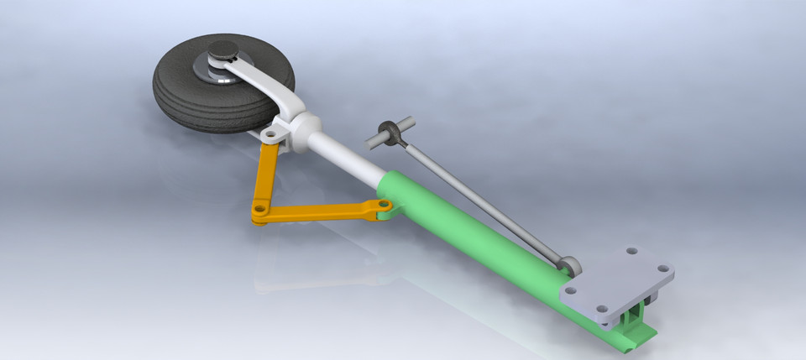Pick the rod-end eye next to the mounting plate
[570, 266]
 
